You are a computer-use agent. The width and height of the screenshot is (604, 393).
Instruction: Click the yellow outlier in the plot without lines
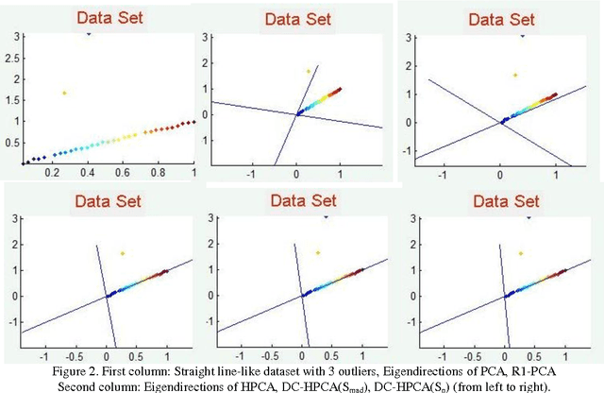click(64, 93)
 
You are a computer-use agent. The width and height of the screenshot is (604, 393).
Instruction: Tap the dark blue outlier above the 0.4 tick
click(89, 34)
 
